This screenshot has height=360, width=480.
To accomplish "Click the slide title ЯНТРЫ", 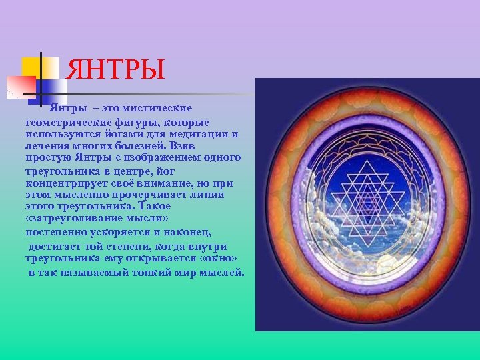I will [x=117, y=70].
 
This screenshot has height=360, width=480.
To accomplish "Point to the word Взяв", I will [x=182, y=145].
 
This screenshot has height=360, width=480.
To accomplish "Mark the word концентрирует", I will [x=64, y=183].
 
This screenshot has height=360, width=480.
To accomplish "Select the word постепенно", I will [x=57, y=231].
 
